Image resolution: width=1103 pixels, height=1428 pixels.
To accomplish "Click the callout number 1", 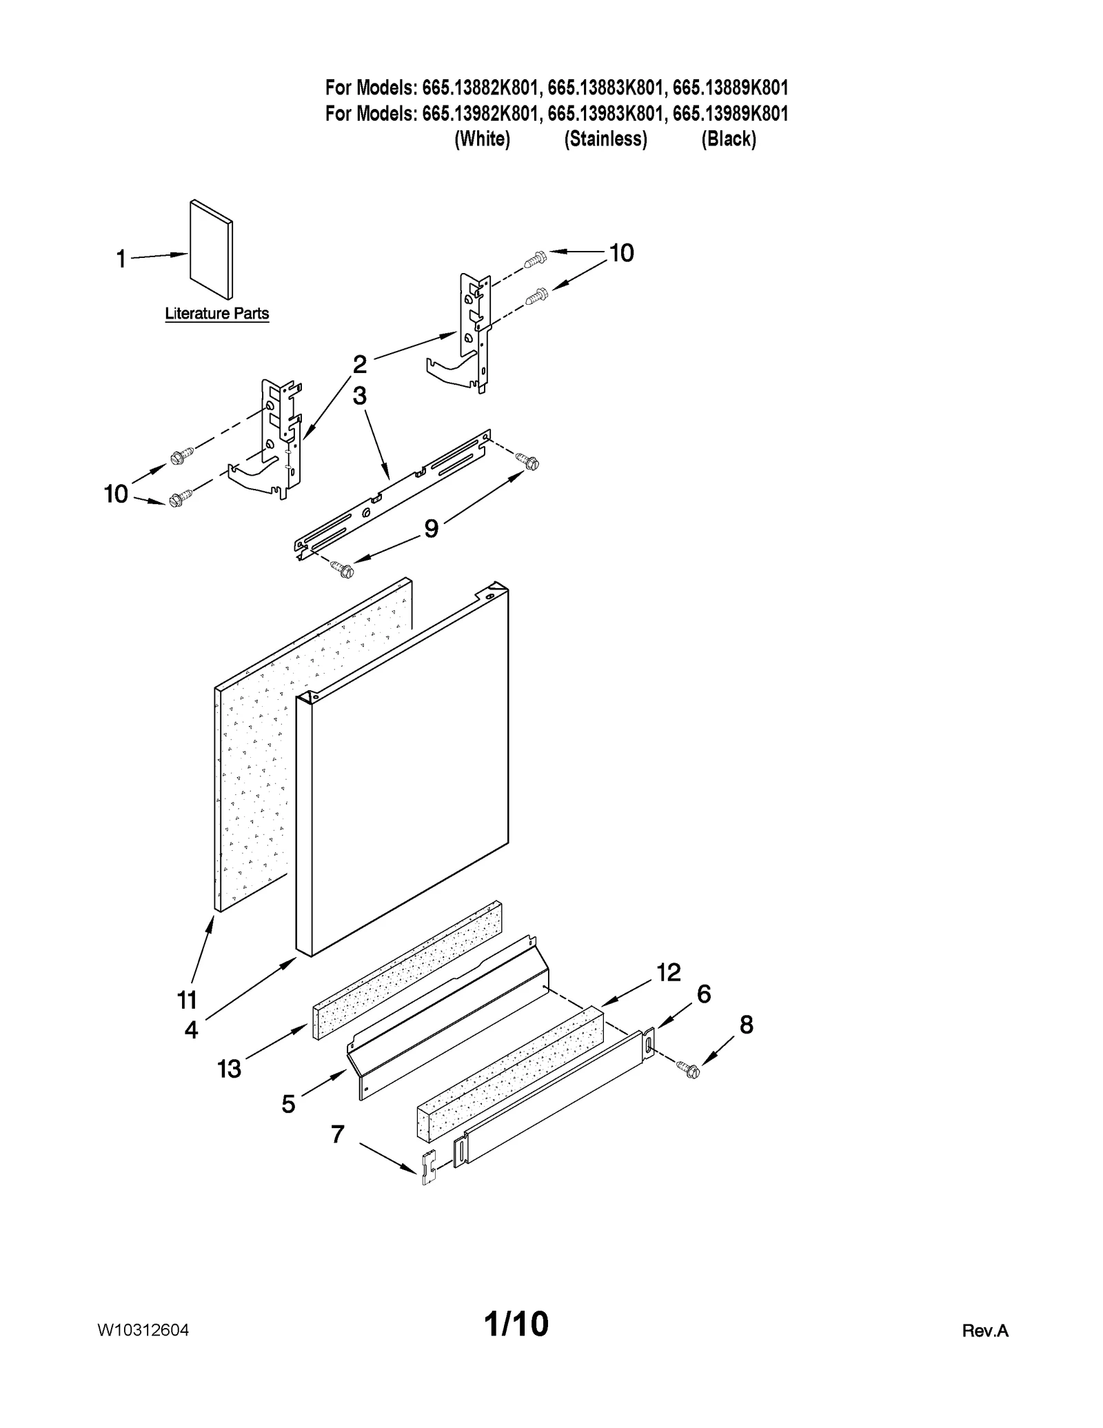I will coord(121,260).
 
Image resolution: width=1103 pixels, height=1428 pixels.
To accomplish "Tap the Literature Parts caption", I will coord(216,314).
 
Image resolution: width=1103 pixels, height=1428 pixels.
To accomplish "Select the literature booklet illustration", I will coord(211,250).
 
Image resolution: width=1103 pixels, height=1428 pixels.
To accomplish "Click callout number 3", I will coord(359,396).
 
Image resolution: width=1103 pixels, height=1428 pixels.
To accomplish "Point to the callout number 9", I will coord(431,529).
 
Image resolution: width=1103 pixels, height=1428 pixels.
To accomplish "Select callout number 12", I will coord(668,972).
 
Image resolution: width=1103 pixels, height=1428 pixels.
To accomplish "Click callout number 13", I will coord(229,1069).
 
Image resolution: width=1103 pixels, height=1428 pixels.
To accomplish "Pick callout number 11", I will coord(188,999).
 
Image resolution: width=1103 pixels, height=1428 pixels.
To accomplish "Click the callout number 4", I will coord(191,1030).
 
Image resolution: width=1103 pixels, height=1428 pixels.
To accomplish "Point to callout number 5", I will coord(288,1104).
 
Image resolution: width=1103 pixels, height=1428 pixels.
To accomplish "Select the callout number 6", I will coord(703,994).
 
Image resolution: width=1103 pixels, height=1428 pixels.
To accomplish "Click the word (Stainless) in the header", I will coord(605,139).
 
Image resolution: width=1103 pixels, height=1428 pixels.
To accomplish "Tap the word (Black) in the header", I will coord(729,139).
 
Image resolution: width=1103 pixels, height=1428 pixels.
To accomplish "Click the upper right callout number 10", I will coord(621,253).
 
